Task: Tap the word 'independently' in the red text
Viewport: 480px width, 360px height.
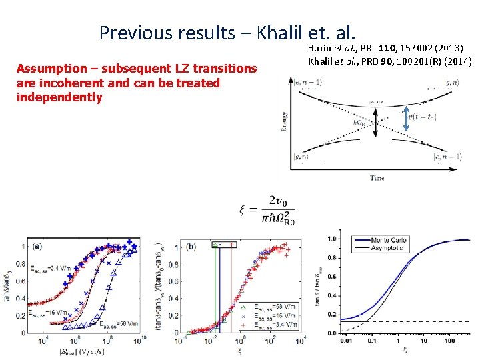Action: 59,97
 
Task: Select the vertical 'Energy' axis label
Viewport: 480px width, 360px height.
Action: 285,124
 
